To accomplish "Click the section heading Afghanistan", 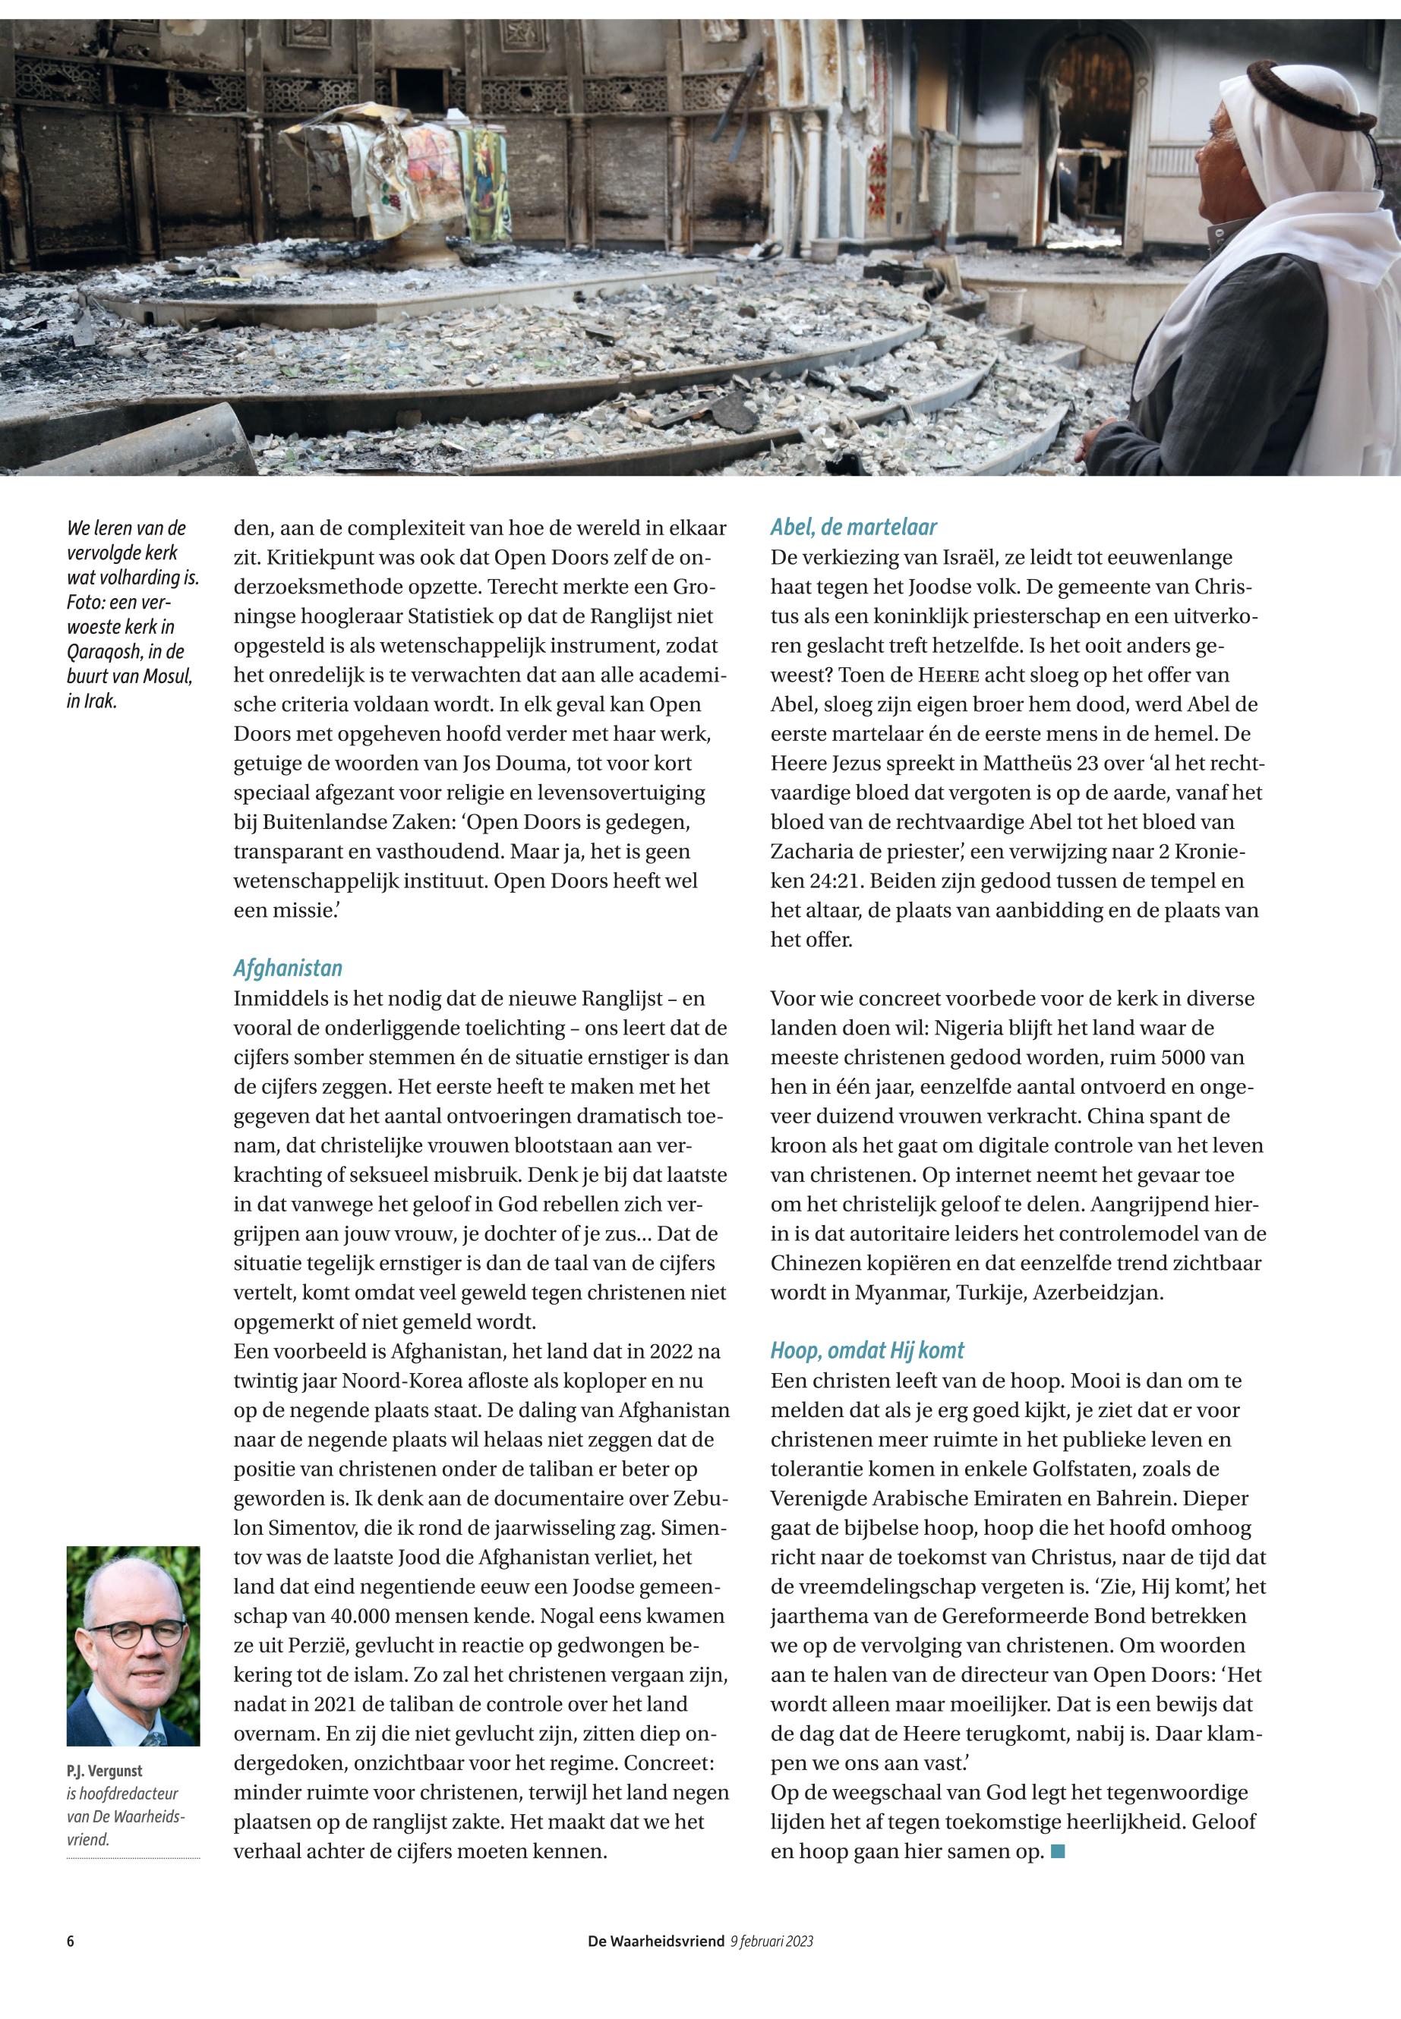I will [x=287, y=968].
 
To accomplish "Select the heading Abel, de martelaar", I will [x=854, y=528].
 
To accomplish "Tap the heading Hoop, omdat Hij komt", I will [x=867, y=1350].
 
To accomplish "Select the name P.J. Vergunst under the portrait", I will [x=105, y=1771].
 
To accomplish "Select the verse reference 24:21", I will [x=804, y=880].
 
